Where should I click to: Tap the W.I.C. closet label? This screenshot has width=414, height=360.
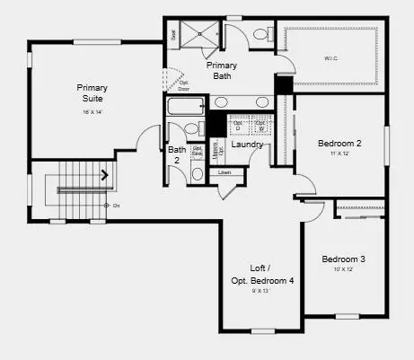(x=331, y=59)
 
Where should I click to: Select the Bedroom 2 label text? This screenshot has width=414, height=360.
(x=339, y=143)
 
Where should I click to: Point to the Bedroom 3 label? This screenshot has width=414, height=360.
(x=344, y=260)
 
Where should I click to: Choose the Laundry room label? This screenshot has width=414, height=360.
(x=247, y=145)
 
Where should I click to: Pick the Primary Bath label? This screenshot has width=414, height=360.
(x=222, y=71)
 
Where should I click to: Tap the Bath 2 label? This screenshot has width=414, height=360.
(x=176, y=155)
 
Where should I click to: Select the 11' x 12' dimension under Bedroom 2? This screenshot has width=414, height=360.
(x=339, y=154)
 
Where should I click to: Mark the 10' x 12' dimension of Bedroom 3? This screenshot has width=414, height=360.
(x=344, y=270)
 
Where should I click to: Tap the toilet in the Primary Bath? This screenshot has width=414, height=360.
(x=261, y=35)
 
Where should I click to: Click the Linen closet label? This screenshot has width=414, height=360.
(x=225, y=171)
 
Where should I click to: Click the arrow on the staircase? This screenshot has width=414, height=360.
(x=106, y=176)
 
